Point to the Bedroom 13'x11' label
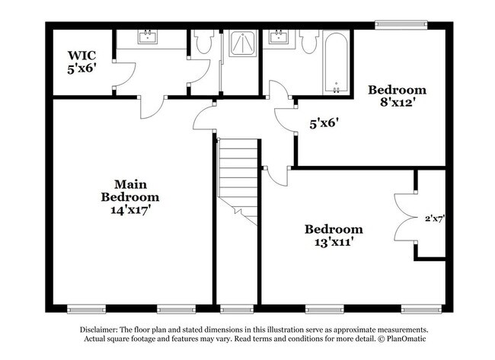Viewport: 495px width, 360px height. [x=334, y=236]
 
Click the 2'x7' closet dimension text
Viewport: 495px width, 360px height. [x=434, y=218]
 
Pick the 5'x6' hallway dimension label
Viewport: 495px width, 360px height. [x=323, y=121]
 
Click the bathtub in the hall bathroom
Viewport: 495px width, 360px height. [x=335, y=61]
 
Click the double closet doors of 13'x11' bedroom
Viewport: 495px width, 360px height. [x=404, y=218]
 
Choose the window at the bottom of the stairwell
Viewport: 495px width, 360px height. [x=236, y=309]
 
